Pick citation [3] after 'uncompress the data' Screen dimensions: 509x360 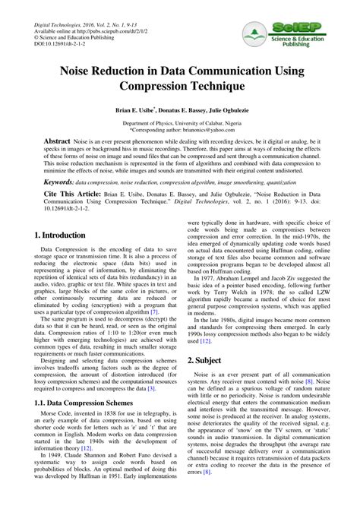click(151, 410)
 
